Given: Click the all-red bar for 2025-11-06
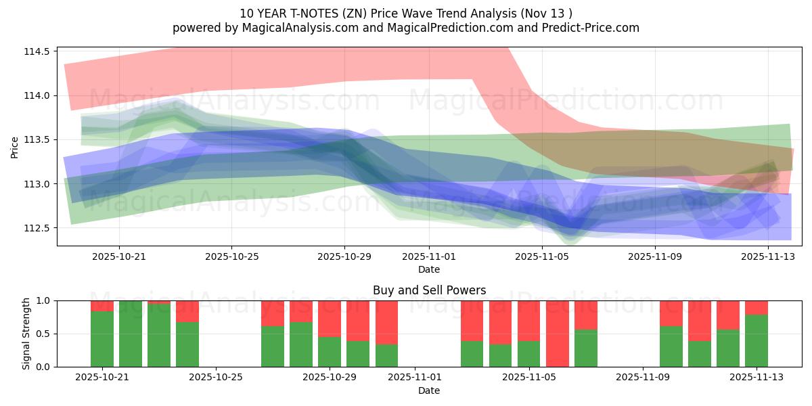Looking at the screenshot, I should [x=558, y=334].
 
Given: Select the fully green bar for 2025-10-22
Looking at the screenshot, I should [x=131, y=334].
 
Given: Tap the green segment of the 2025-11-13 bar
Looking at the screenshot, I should [x=757, y=340].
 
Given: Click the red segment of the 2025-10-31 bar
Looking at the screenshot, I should [x=386, y=322].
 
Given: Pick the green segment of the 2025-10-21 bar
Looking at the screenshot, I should [x=102, y=339].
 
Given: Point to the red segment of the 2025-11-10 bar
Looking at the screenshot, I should [x=671, y=313].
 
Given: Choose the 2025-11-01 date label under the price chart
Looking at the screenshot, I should [x=428, y=256].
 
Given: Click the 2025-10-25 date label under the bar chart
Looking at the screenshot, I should [x=216, y=378].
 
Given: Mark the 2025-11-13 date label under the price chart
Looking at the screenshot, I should [x=769, y=256].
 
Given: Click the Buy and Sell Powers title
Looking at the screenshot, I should [x=429, y=290].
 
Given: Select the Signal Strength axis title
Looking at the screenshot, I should [x=26, y=334].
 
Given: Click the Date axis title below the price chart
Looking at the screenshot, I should [x=429, y=269].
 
